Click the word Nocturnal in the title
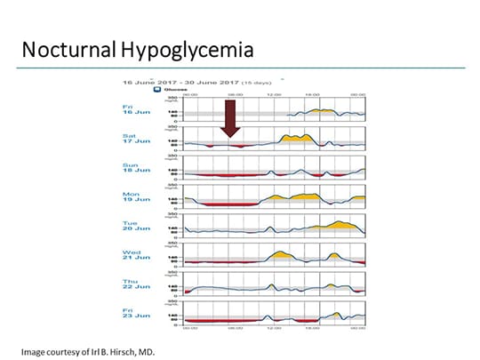tap(68, 49)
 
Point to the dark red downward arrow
tap(231, 117)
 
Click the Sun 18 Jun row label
tap(131, 169)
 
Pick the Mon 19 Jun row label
tap(131, 197)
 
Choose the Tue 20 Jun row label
tap(131, 227)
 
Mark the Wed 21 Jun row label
tap(131, 256)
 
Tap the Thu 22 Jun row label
tap(131, 284)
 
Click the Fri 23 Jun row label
tap(131, 314)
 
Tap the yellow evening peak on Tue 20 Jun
tap(342, 223)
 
